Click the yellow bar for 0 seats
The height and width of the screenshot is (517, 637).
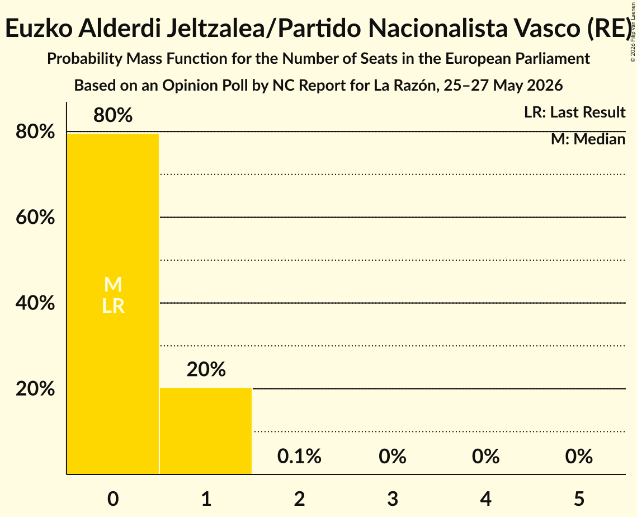pos(113,304)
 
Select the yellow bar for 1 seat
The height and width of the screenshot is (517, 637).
pos(206,431)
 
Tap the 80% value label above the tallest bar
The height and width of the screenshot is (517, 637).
pos(113,115)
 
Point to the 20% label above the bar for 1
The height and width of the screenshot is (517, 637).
pos(206,369)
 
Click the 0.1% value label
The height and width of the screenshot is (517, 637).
pos(299,456)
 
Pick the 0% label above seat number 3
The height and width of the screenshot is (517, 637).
pos(393,456)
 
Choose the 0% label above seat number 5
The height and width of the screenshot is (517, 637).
pos(579,456)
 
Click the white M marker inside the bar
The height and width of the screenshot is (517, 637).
pos(113,284)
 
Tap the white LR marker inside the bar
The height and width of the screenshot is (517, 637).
pos(113,306)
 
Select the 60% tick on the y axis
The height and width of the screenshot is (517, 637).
pos(35,218)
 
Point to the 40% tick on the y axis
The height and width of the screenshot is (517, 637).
pos(35,303)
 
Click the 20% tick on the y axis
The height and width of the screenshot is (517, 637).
pos(35,389)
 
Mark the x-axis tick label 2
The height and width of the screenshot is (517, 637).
pos(299,499)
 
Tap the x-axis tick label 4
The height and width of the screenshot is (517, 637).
pos(486,499)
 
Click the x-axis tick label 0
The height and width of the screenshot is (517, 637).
pos(113,499)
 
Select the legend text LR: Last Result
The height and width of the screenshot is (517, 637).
pos(574,112)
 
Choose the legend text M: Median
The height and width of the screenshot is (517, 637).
pos(588,139)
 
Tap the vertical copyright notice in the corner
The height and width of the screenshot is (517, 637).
pos(633,32)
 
